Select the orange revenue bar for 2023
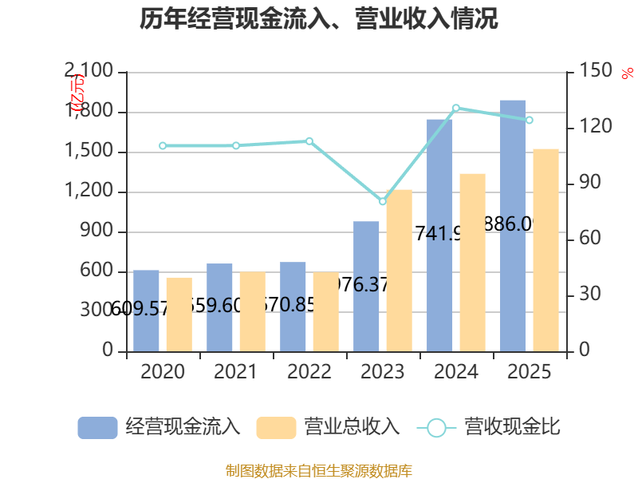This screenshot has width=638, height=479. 400,271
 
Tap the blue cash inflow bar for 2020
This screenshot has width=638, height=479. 146,311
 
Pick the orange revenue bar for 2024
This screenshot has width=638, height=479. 473,263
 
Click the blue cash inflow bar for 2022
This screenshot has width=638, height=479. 293,307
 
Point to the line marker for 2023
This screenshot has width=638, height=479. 383,201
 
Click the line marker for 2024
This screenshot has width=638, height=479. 456,108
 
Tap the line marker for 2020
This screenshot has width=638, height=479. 163,146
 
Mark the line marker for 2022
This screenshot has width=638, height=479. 309,141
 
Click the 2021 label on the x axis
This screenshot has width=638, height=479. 236,372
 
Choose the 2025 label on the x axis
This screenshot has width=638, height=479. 530,372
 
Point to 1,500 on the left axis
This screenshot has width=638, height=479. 93,152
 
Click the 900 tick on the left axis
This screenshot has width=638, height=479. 99,232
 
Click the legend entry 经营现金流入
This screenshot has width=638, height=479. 159,427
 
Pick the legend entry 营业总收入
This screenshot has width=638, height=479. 328,427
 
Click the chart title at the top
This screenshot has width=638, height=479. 319,19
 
